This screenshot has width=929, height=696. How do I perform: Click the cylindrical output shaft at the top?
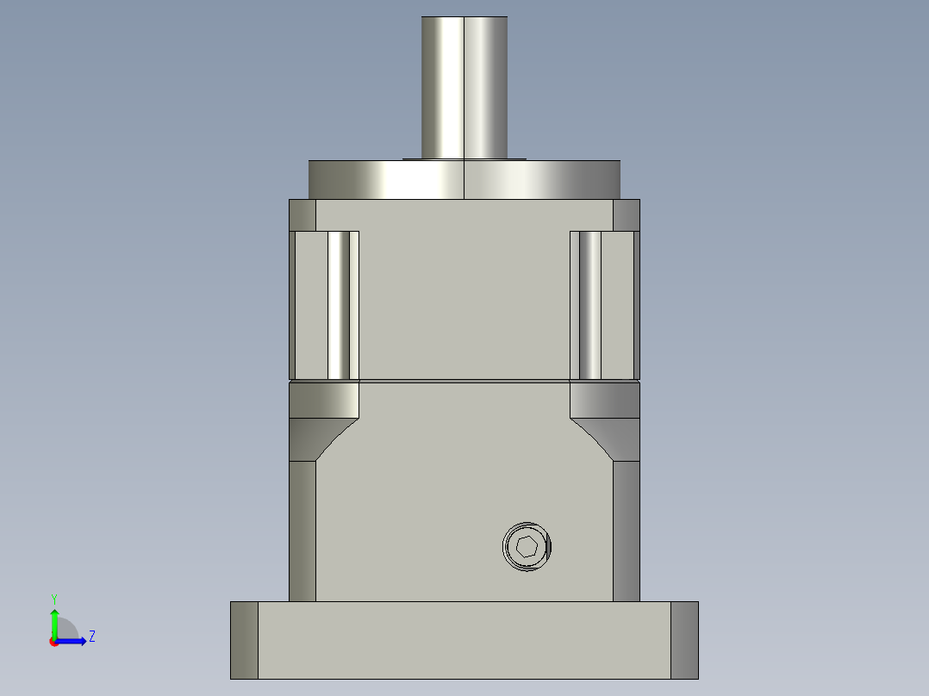[464, 86]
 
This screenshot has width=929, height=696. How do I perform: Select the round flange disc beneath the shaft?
[464, 180]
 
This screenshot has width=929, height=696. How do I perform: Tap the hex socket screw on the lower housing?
[527, 546]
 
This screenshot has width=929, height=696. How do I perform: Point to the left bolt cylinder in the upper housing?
[341, 305]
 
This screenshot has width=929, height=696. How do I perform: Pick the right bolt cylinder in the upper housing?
[589, 305]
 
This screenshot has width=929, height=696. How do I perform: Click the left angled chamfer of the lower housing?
[336, 438]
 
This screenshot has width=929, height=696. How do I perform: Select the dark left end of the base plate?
[244, 640]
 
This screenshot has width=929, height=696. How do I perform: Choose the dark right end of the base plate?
[684, 640]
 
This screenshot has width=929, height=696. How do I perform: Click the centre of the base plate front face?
[464, 640]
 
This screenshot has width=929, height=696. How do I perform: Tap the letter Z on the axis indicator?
[91, 637]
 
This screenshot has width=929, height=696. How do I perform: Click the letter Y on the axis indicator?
[53, 598]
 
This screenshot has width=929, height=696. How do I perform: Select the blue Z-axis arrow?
[72, 641]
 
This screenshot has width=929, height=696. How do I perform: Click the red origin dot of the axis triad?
[53, 642]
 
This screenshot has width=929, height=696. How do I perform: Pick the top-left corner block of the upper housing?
[302, 214]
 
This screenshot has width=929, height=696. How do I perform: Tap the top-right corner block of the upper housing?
[627, 214]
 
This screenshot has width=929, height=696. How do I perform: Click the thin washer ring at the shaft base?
[464, 158]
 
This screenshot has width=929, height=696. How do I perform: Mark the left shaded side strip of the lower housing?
[302, 530]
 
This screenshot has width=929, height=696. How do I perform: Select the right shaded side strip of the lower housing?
[627, 530]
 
